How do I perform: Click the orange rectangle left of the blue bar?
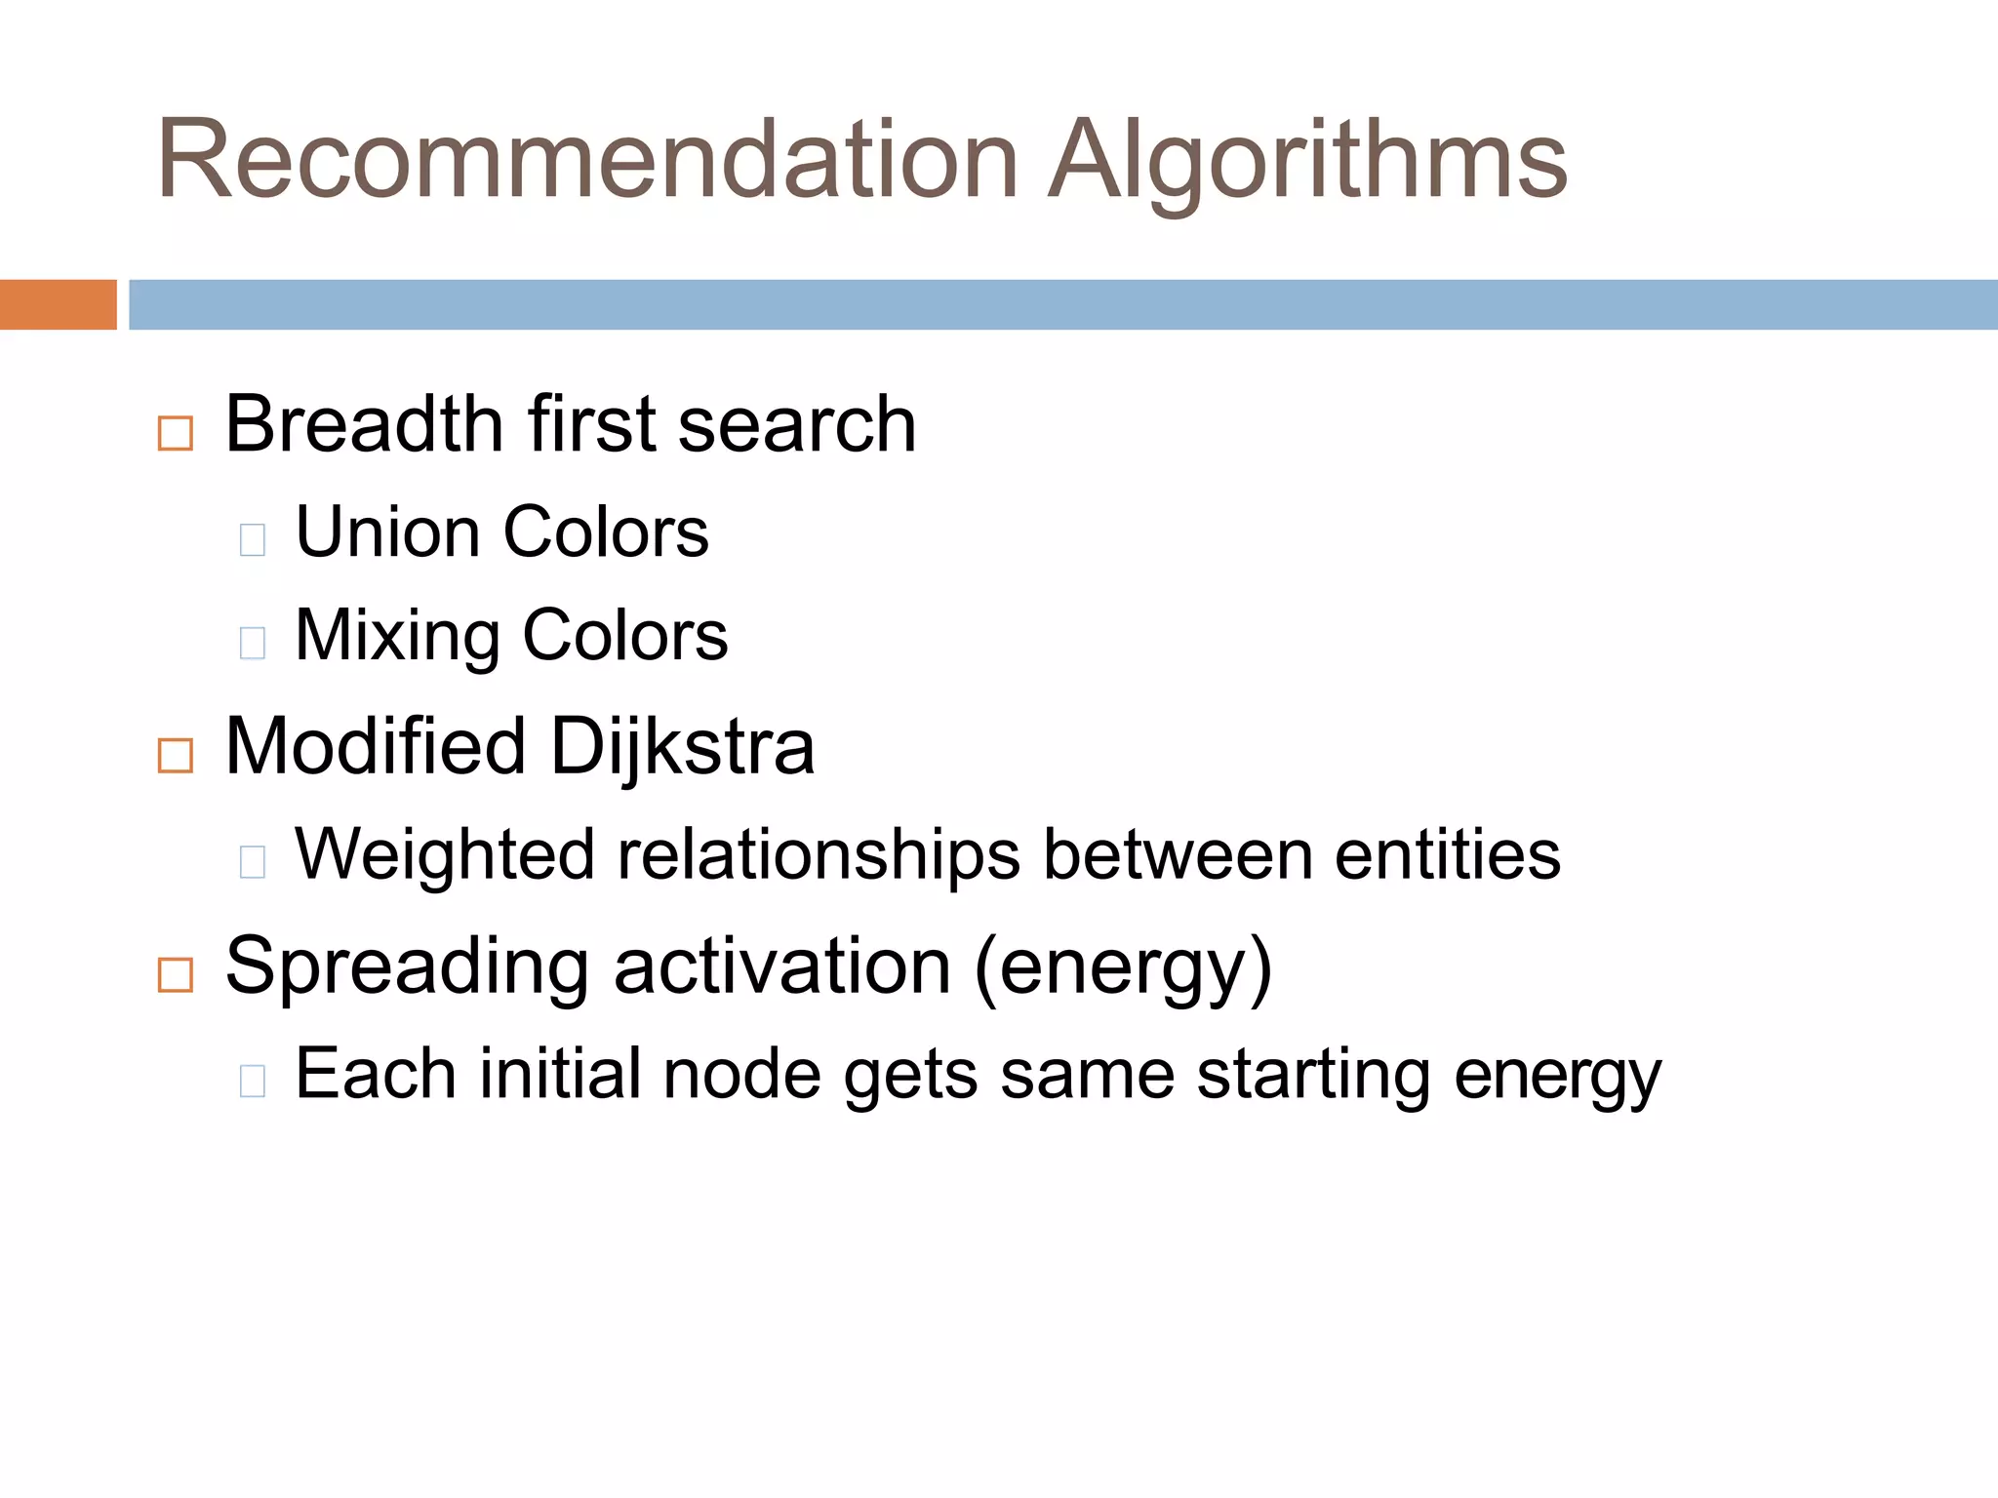tap(58, 304)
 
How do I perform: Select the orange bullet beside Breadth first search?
tap(176, 433)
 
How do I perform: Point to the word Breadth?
tap(364, 425)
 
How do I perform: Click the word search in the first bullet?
tap(797, 425)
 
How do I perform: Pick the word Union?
tap(387, 533)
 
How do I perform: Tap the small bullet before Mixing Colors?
tap(253, 643)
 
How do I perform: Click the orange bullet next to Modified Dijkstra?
tap(176, 756)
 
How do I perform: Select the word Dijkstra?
tap(682, 748)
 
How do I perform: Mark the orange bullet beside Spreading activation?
tap(176, 974)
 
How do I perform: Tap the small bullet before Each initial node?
tap(253, 1081)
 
